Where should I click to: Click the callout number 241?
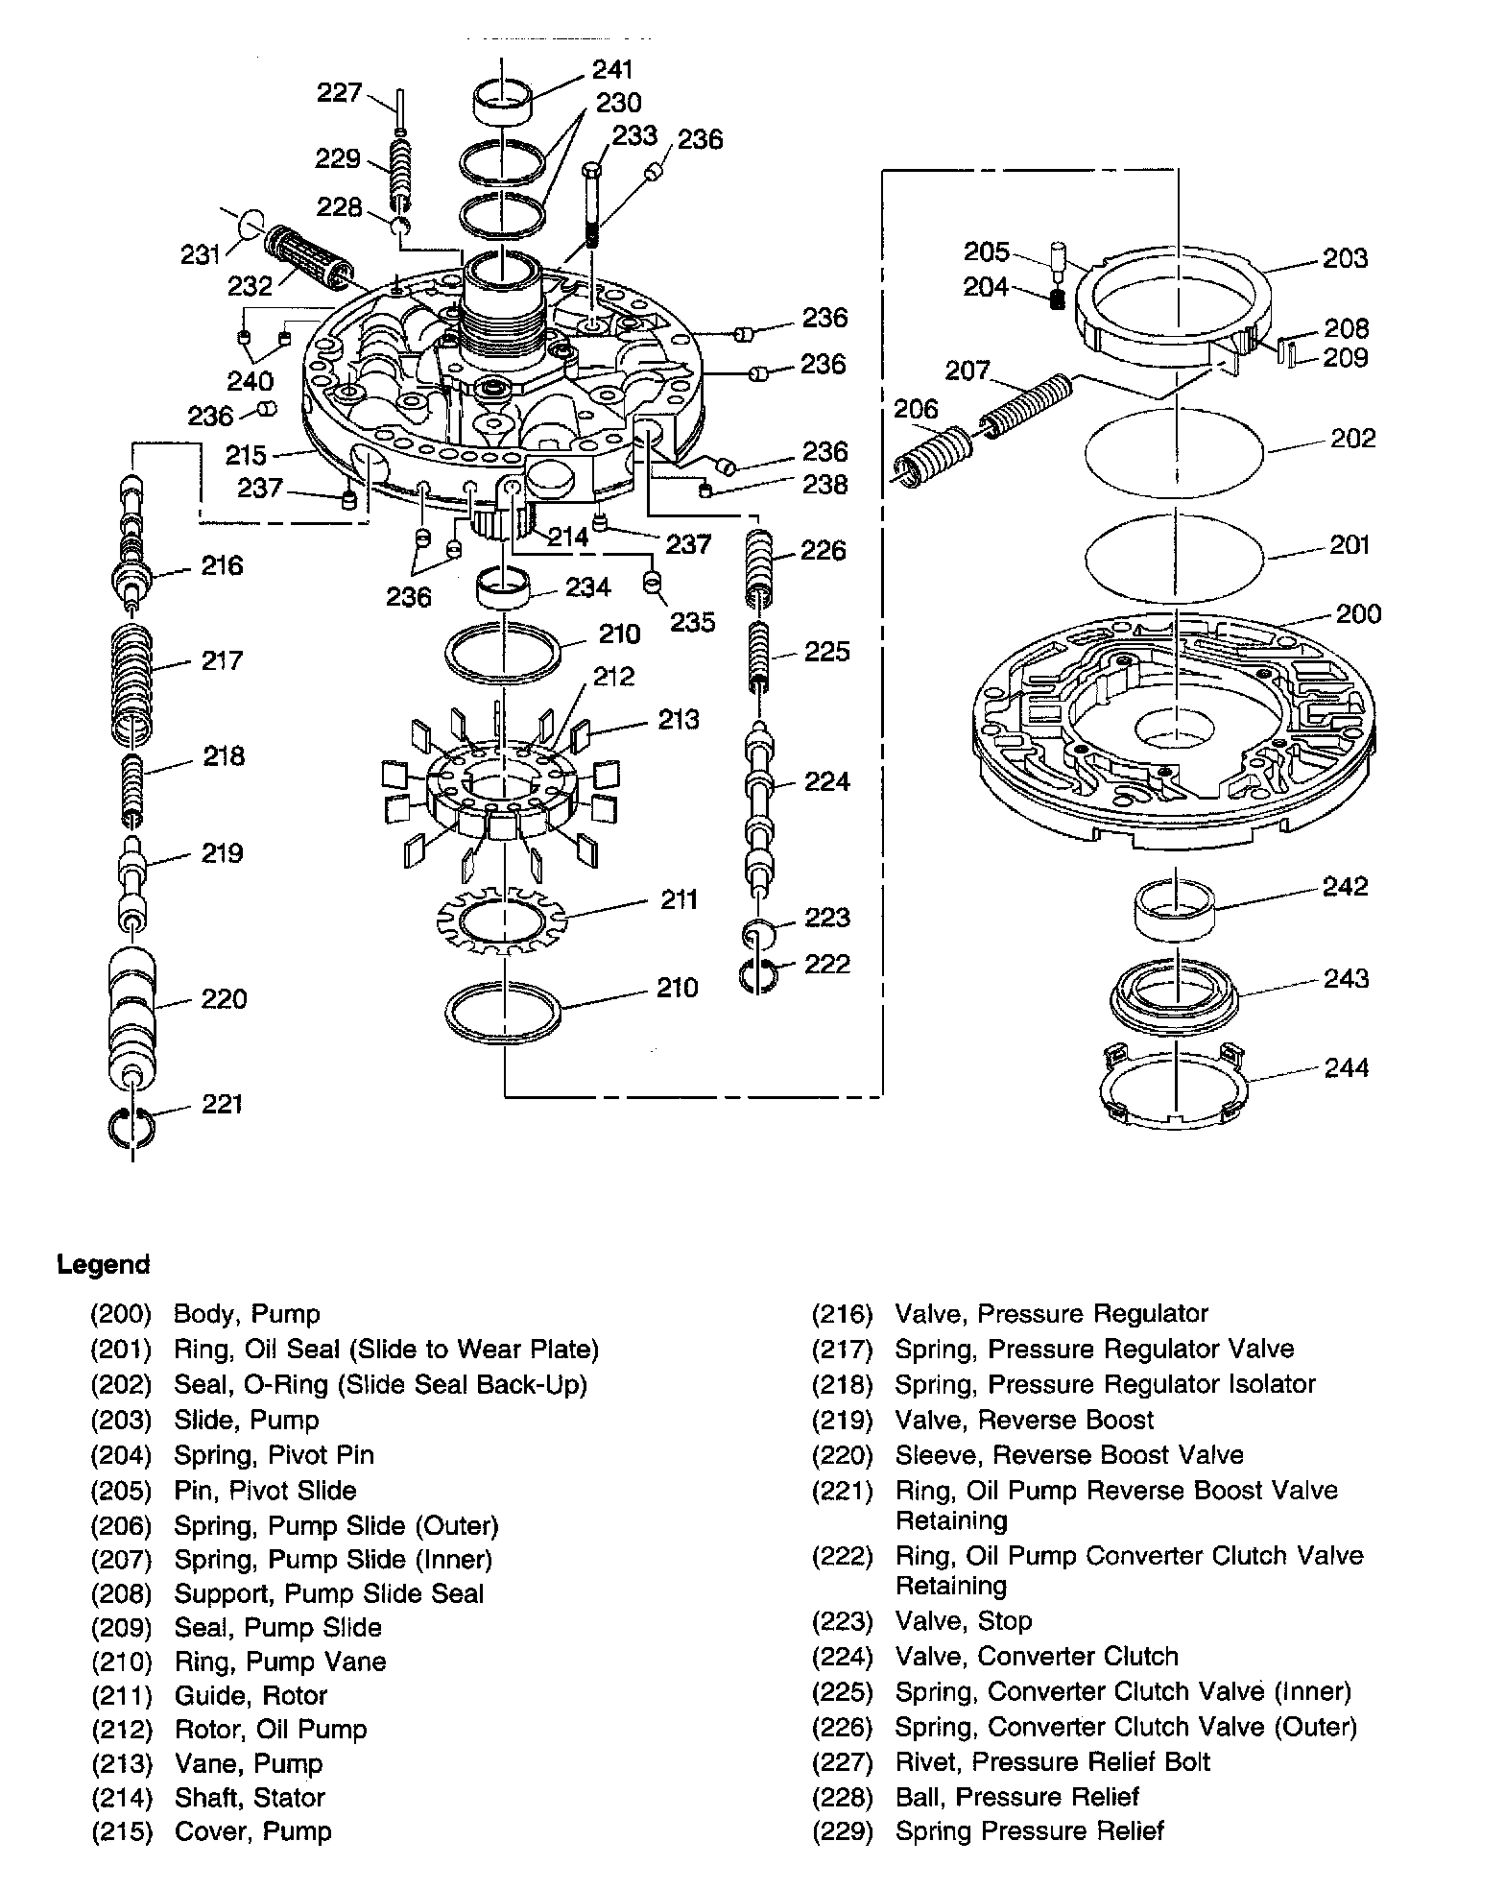612,69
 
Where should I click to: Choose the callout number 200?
1358,613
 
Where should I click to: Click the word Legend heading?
104,1264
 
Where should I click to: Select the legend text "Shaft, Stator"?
250,1797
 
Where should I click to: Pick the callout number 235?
692,622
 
